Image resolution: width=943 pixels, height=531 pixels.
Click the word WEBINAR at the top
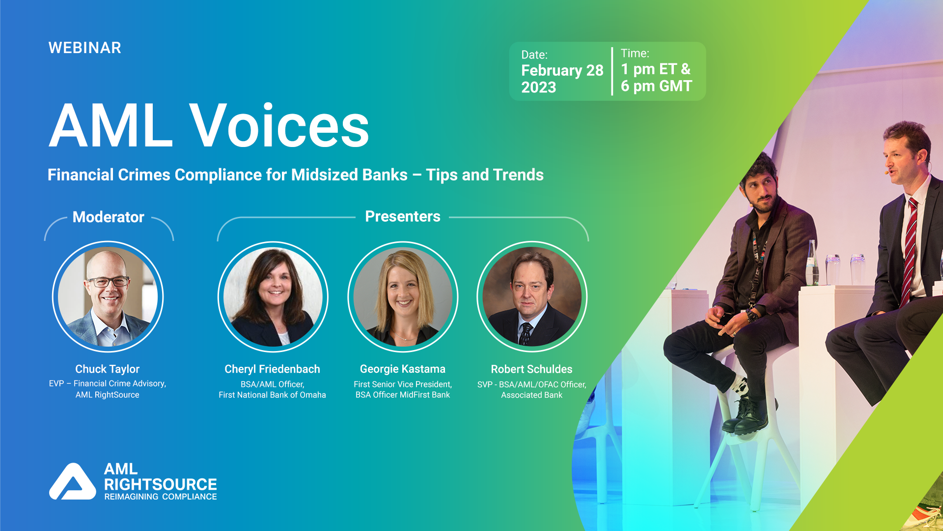pos(84,48)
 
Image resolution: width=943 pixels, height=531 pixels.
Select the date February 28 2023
pos(562,78)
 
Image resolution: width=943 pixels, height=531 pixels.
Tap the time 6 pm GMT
pos(656,86)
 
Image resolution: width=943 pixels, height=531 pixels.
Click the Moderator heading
pos(108,217)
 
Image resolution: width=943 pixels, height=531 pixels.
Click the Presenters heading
pos(402,216)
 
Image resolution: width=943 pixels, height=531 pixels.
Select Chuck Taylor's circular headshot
pos(108,296)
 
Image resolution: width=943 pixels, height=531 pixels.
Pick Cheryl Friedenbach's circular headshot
pos(273,296)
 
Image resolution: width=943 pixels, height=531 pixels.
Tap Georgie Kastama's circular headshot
pos(403,296)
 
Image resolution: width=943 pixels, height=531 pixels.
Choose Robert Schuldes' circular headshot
pos(532,296)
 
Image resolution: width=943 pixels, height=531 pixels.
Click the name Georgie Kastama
pos(402,369)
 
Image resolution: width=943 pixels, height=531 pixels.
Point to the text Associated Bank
pos(531,395)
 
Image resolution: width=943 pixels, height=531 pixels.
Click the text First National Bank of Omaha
pos(272,395)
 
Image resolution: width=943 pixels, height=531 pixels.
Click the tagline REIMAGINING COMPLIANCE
pos(160,497)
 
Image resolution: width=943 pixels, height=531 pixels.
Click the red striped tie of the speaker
pos(911,246)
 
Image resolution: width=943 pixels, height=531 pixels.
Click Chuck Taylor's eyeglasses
pos(108,282)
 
